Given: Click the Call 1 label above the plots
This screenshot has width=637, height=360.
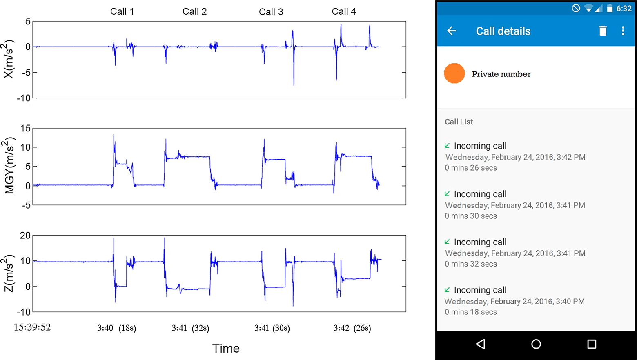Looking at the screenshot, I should [x=122, y=11].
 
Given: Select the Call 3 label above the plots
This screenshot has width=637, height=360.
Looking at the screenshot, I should [x=271, y=12].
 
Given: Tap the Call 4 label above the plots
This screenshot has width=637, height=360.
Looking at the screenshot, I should [x=343, y=11].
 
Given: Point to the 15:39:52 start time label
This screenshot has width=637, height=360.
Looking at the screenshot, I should [x=32, y=327].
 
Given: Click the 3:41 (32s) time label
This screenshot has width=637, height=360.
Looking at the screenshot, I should [x=190, y=328].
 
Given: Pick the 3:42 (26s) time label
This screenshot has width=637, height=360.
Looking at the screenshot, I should [x=352, y=328].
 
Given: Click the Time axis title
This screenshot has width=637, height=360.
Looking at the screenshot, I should [x=226, y=348].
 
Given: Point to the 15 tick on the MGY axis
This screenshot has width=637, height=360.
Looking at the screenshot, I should [x=25, y=129].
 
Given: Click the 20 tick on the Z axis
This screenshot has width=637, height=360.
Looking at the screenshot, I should [x=25, y=236].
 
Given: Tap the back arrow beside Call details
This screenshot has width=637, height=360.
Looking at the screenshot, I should [x=451, y=31].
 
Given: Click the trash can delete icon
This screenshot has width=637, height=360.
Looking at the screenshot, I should [x=603, y=31].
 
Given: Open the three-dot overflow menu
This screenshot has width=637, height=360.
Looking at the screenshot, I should [x=623, y=31].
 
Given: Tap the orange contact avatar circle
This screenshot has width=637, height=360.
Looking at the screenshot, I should [x=454, y=73].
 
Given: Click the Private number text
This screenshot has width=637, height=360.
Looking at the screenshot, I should [x=501, y=74].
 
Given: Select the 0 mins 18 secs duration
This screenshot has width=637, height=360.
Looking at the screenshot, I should [x=471, y=312].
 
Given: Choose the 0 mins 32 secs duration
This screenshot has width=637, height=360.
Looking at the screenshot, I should [x=471, y=264].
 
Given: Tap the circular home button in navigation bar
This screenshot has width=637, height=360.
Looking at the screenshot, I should [x=536, y=344].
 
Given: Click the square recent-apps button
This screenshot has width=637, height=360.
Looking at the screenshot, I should [x=591, y=344].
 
